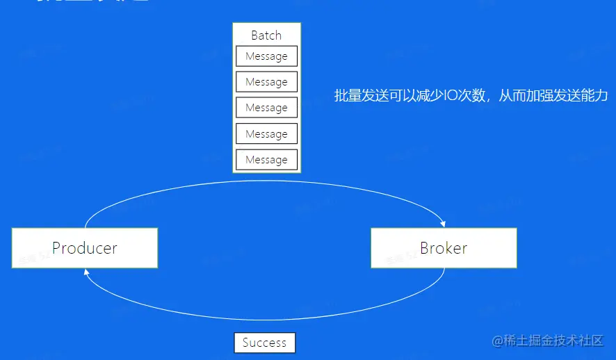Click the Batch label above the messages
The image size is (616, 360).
click(x=266, y=35)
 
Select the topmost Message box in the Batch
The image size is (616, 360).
click(x=266, y=56)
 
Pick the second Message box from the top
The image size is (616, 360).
click(x=266, y=82)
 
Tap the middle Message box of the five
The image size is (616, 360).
click(x=266, y=108)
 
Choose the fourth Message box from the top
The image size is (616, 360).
click(x=266, y=133)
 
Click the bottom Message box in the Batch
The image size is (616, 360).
click(x=266, y=160)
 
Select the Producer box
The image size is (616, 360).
click(x=85, y=248)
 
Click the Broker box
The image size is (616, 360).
click(x=444, y=248)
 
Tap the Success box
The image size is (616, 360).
click(x=264, y=343)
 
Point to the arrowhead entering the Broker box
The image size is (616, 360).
click(x=442, y=224)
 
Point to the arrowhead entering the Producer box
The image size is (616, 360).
click(x=86, y=272)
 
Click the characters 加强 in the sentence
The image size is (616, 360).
click(x=540, y=96)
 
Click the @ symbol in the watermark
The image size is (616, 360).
click(x=497, y=341)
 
